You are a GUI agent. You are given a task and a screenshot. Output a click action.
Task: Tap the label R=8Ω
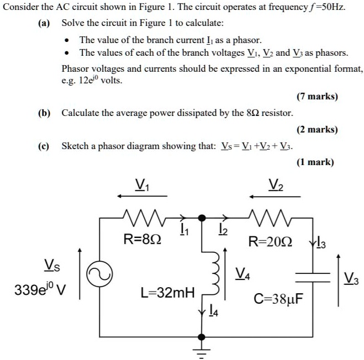point(143,240)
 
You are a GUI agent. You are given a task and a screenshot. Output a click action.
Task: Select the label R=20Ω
point(270,241)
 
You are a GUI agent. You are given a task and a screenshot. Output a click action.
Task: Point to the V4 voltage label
point(241,272)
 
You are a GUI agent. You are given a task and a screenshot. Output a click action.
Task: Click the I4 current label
point(213,313)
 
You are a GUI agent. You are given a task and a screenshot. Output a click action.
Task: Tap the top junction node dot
point(203,217)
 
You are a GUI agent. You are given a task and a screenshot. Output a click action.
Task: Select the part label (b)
point(45,113)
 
